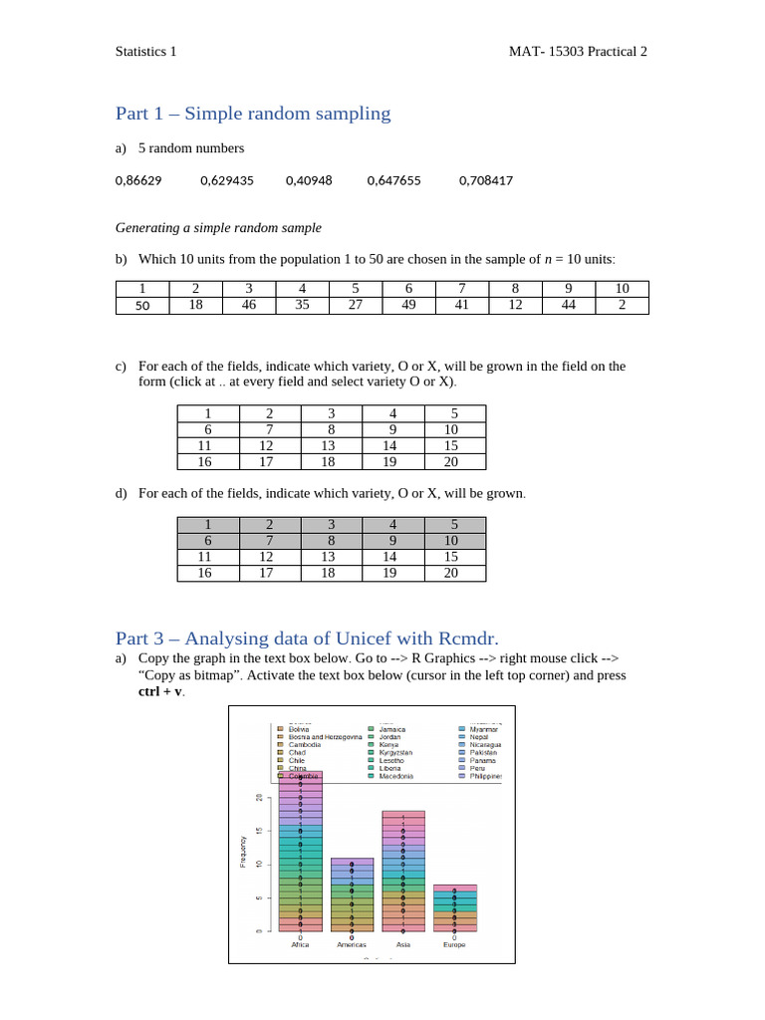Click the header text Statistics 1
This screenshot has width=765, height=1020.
coord(145,51)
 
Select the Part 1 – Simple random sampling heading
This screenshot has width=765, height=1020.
coord(253,114)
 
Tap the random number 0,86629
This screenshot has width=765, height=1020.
coord(139,180)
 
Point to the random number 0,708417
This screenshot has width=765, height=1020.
coord(486,180)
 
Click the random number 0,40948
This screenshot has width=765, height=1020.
coord(309,180)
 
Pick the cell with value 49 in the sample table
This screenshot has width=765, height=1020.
coord(408,306)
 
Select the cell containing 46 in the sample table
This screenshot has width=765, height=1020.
coord(249,306)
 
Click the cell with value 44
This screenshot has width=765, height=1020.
coord(569,306)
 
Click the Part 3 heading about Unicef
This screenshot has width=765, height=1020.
coord(306,637)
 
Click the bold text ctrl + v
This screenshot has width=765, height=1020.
coord(160,690)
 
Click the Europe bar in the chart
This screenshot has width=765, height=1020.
coord(454,907)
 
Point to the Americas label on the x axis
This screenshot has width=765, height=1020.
coord(352,944)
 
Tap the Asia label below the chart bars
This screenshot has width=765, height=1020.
coord(402,944)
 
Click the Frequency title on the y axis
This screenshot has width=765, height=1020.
coord(242,851)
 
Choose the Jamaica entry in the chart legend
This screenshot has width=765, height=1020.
coord(392,729)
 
